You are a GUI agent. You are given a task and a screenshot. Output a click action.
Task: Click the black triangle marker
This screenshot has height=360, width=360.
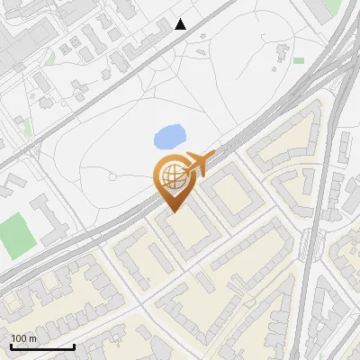pos(181,24)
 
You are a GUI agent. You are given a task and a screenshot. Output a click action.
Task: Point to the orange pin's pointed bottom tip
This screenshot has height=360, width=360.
pos(171,211)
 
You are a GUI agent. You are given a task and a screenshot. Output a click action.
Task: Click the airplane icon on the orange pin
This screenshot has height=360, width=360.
pos(200,164)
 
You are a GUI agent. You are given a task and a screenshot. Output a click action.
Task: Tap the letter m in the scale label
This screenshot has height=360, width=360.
pos(32,338)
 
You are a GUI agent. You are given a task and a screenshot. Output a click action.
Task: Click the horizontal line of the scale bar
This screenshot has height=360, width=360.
pos(42,347)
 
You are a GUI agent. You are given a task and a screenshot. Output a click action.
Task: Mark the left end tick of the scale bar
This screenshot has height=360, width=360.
pos(11,346)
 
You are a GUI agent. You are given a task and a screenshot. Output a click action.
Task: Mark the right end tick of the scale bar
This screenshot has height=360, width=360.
pos(74,346)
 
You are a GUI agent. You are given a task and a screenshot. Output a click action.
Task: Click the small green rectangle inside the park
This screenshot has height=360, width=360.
pos(299,60)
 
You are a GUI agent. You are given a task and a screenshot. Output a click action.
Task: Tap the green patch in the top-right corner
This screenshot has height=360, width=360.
pos(333,6)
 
